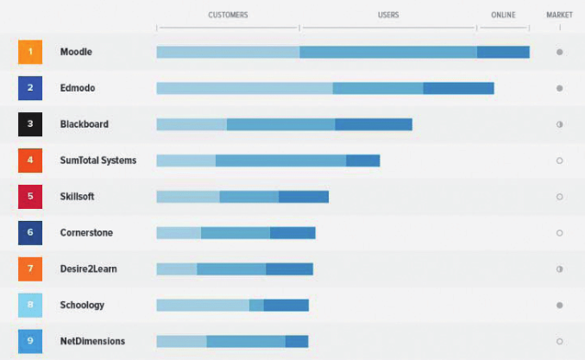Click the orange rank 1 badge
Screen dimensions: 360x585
29,52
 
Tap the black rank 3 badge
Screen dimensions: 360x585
29,124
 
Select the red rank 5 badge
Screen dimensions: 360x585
29,196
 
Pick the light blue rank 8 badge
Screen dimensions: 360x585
29,305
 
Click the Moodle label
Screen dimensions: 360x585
76,52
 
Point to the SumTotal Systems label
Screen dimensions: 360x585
97,161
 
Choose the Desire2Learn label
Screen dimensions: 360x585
88,268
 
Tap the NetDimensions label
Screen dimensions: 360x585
92,341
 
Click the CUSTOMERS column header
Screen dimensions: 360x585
228,16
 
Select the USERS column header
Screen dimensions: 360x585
388,16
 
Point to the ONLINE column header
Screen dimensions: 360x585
503,16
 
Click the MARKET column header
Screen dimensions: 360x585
559,16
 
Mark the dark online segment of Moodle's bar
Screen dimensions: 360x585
503,52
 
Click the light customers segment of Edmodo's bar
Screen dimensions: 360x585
244,88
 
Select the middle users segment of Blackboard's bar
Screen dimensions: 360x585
280,124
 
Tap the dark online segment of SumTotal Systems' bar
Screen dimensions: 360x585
362,161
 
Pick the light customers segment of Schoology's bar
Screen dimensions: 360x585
203,305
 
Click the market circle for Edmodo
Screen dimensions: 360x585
559,88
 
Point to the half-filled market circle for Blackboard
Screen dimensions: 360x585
559,124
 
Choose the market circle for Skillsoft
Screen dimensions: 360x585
559,197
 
